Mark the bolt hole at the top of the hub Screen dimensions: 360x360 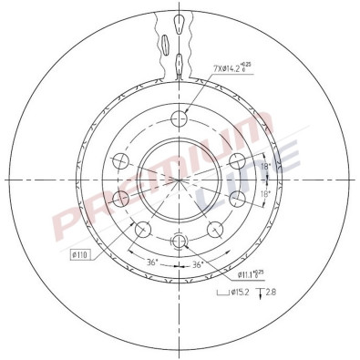pos(180,116)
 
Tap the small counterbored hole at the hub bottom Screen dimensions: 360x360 pos(180,241)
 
